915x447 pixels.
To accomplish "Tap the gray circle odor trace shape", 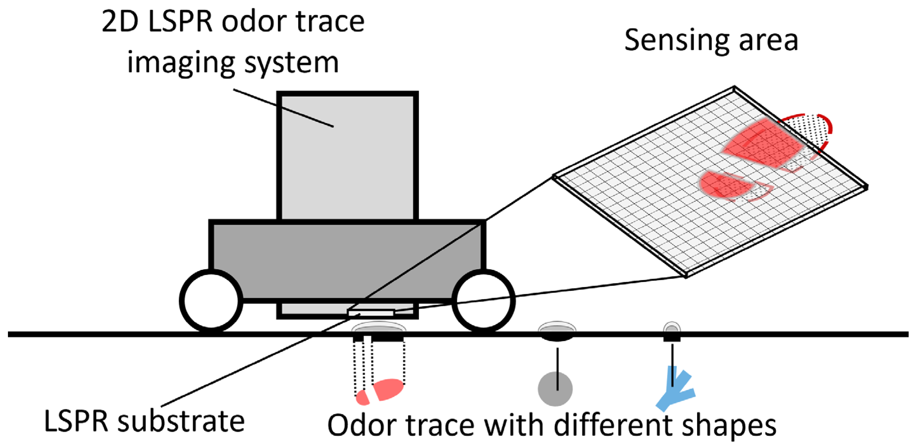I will (555, 389).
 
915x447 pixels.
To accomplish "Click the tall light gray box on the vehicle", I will (347, 156).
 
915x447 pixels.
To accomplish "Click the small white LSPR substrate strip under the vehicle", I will (371, 313).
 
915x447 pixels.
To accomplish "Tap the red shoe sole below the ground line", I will (388, 389).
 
